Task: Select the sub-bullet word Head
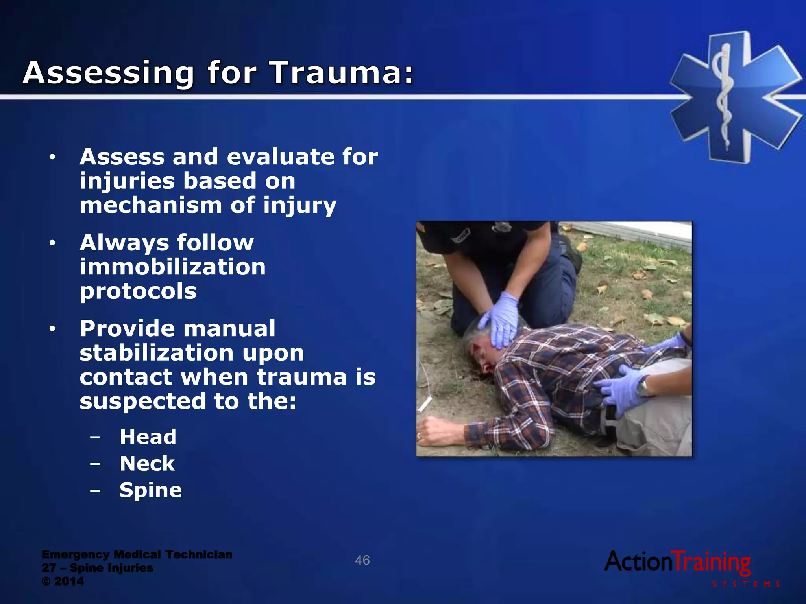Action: coord(148,437)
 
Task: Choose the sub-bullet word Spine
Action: coord(151,490)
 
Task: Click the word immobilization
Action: coord(173,267)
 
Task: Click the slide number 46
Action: coord(362,560)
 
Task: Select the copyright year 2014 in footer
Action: coord(69,581)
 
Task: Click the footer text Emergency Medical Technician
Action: coord(137,554)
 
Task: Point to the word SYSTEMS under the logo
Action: coord(746,584)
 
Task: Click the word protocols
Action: coord(138,291)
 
